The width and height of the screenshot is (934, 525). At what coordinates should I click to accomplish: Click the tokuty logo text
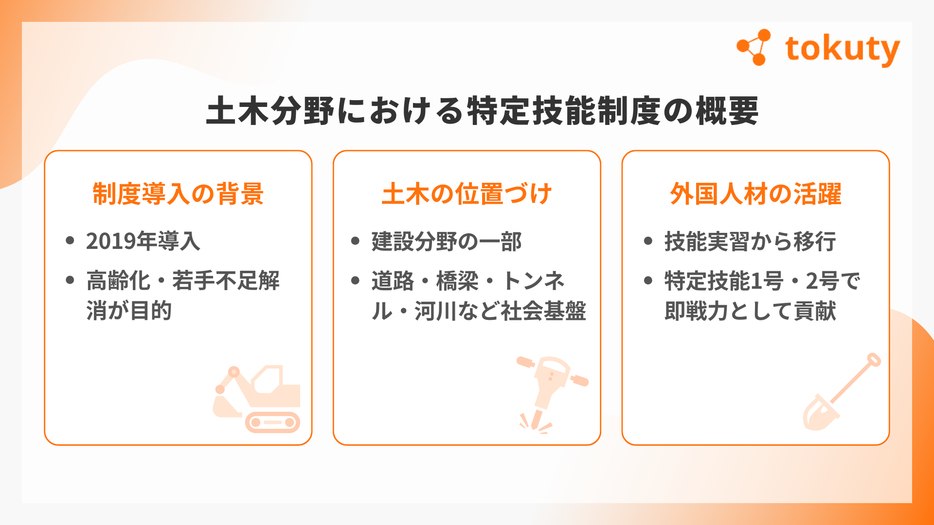[843, 50]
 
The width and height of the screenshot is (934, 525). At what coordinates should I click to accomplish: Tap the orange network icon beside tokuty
[754, 47]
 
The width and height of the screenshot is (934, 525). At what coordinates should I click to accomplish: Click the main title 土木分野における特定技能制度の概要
[482, 111]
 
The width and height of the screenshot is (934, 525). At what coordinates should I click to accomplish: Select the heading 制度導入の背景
[178, 193]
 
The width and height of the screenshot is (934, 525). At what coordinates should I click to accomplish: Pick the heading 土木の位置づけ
[467, 193]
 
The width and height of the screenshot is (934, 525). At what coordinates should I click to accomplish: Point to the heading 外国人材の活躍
[755, 193]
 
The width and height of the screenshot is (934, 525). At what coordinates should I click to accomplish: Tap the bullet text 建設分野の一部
[447, 241]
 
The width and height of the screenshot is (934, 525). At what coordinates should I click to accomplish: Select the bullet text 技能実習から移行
[750, 241]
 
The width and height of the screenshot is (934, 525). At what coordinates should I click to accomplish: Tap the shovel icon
[841, 392]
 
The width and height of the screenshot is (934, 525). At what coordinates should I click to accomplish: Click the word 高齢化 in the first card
[118, 280]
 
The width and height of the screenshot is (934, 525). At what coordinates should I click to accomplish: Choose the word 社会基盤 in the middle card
[543, 311]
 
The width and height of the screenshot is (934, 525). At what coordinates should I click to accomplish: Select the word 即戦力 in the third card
[696, 311]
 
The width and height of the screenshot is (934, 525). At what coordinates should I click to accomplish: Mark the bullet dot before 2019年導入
[70, 241]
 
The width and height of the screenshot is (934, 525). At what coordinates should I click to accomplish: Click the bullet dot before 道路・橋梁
[355, 280]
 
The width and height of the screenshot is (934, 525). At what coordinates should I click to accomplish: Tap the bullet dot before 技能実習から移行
[648, 241]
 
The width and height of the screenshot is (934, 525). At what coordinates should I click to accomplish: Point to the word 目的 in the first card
[151, 311]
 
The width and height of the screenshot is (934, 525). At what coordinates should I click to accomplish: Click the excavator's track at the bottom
[272, 422]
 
